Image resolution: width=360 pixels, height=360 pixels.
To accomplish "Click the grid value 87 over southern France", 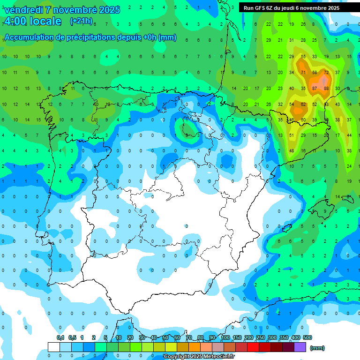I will (x=315, y=88).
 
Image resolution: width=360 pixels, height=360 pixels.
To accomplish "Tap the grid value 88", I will (x=326, y=88).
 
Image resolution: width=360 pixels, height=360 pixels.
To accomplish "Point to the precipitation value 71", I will (x=303, y=72).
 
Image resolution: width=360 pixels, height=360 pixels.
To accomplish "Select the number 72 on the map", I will (x=326, y=72).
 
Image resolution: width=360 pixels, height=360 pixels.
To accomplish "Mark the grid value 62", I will (x=303, y=104).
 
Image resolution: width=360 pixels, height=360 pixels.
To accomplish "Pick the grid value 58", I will (x=315, y=72).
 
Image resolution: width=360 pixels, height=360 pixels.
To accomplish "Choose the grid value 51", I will (x=292, y=135).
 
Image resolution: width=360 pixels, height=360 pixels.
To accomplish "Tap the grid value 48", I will (x=292, y=151).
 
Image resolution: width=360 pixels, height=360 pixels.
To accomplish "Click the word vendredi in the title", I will (x=23, y=10).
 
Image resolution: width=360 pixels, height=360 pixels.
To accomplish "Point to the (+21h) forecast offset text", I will (x=81, y=21).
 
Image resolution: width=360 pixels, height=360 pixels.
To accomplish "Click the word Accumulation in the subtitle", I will (x=30, y=37).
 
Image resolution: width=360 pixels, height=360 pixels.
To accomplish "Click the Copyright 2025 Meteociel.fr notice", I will (x=199, y=357).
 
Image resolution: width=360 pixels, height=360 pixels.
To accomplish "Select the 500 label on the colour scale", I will (x=307, y=337).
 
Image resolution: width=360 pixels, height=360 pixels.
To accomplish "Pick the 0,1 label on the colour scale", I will (x=60, y=337).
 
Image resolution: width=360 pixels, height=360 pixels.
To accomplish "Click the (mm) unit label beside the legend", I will (x=317, y=348).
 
